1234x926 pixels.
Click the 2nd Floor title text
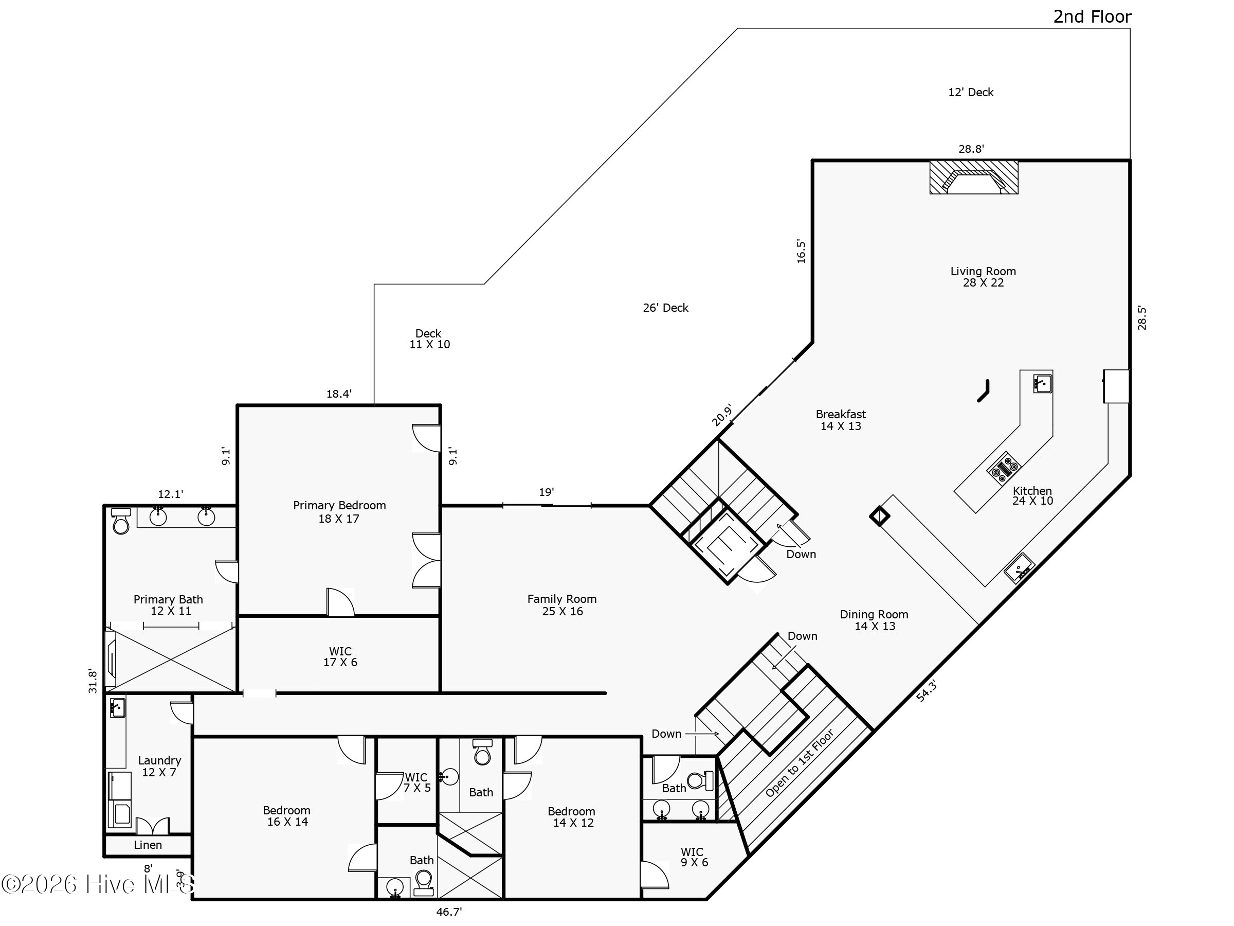coord(1092,17)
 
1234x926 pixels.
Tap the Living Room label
coord(983,277)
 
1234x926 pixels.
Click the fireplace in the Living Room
coord(973,177)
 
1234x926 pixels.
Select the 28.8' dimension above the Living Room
coord(971,149)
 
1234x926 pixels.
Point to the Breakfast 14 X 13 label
coord(841,420)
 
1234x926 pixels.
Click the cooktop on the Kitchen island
coord(1003,468)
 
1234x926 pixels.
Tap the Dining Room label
coord(874,620)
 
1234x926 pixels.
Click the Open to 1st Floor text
coord(800,763)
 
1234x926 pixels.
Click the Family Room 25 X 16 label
coord(562,605)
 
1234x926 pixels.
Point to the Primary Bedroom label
coord(339,512)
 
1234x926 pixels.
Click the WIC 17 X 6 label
coord(340,656)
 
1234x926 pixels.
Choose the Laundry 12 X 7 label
coord(159,767)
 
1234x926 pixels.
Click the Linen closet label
coord(148,845)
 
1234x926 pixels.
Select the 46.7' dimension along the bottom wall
coord(449,912)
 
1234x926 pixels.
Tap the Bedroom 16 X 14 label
coord(287,816)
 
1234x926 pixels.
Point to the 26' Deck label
coord(665,308)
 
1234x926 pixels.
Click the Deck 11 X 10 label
coord(429,339)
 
